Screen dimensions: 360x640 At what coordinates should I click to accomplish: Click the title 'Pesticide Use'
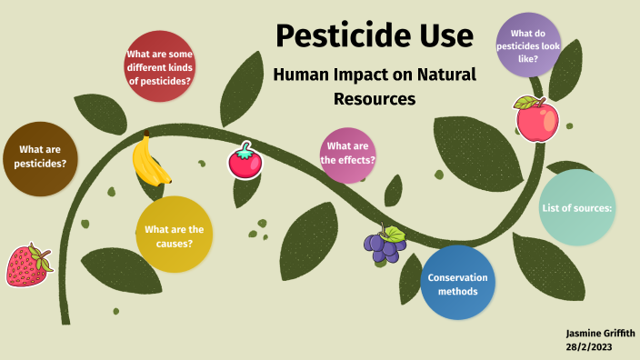[x=374, y=36]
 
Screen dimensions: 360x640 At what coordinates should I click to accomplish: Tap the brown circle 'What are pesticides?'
[x=41, y=157]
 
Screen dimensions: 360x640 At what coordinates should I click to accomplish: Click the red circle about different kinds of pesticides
[x=158, y=66]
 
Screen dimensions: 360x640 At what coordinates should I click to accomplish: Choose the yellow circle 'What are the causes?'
[x=174, y=235]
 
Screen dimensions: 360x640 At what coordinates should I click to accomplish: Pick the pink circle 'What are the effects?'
[x=348, y=154]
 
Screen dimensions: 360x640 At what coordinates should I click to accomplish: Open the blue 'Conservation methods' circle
[x=458, y=283]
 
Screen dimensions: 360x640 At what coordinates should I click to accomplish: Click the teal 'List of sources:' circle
[x=577, y=208]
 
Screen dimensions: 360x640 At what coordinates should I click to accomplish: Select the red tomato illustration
[x=243, y=161]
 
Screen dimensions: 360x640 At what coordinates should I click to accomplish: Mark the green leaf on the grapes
[x=395, y=233]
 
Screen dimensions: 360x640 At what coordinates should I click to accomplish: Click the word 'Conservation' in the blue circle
[x=458, y=277]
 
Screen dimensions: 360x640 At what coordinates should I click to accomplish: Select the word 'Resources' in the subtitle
[x=374, y=97]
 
